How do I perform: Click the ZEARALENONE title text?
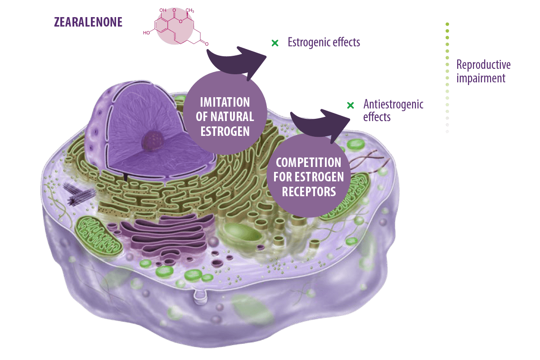coord(88,22)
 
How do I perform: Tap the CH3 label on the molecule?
coord(190,10)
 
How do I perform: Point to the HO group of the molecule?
coord(146,32)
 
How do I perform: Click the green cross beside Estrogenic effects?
coord(275,43)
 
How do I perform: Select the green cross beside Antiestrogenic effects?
coord(350,105)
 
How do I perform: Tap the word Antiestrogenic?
coord(393,104)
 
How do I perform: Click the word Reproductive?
coord(483,65)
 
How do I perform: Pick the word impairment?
coord(481,78)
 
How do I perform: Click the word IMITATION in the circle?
coord(225,102)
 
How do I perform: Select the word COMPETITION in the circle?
coord(309,162)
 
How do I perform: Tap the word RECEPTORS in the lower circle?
coord(309,192)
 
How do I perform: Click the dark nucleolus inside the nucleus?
coord(153,141)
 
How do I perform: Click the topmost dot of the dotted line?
coord(447,24)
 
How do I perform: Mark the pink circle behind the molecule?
coord(175,26)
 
